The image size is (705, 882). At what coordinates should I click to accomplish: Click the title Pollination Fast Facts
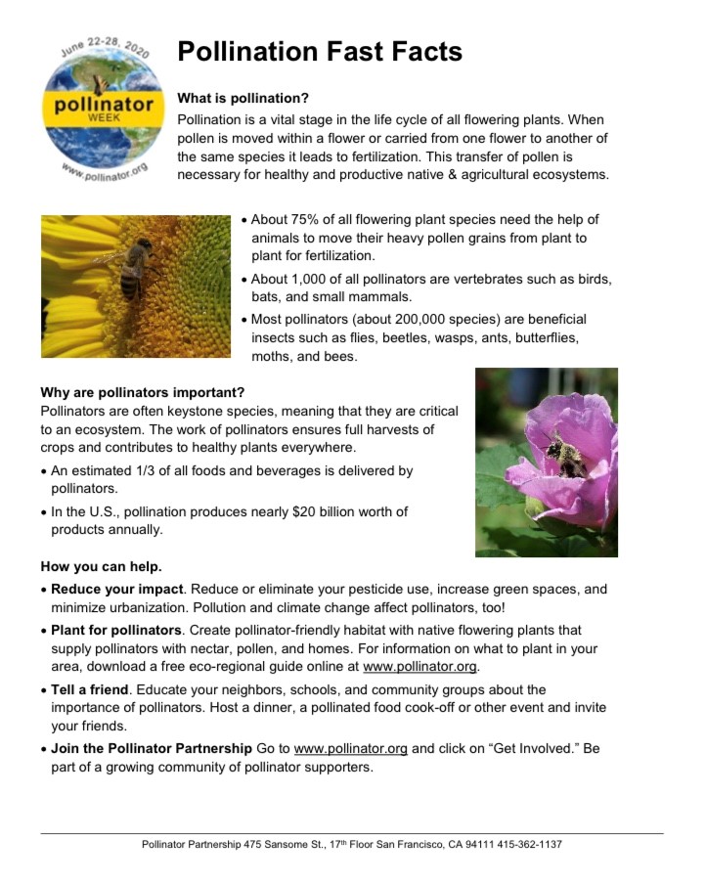pos(320,52)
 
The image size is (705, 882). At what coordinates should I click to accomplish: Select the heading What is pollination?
pos(242,99)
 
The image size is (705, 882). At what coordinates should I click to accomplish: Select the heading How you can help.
pos(102,567)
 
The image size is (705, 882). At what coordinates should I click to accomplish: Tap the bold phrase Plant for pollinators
pos(116,631)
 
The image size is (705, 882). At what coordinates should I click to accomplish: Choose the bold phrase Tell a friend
pos(90,690)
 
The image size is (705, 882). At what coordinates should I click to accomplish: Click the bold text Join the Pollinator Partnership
pos(152,749)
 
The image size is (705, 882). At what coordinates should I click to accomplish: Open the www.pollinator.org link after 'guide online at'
pos(419,667)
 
